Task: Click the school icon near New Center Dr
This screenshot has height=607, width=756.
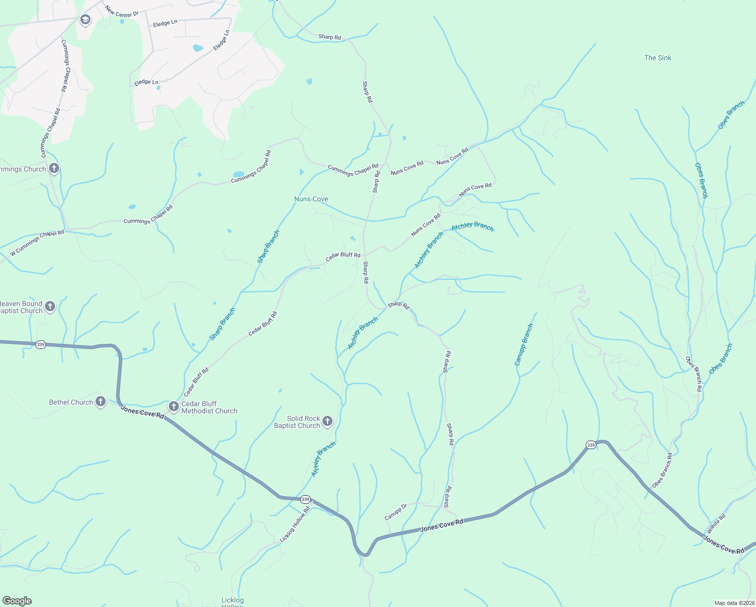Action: click(85, 20)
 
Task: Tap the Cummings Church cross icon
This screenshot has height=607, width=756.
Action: click(54, 168)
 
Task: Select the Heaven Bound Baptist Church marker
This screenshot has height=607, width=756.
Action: click(50, 306)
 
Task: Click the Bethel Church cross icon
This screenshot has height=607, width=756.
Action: click(101, 402)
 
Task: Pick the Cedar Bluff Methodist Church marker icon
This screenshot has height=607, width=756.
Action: click(173, 406)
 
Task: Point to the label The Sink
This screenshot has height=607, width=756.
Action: click(657, 58)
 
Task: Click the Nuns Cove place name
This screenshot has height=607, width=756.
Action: click(311, 199)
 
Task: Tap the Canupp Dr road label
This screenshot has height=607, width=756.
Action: click(396, 512)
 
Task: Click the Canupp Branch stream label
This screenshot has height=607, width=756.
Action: click(524, 344)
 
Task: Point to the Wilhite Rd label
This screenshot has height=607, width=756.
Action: click(716, 524)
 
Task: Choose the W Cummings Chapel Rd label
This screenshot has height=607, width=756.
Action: click(37, 243)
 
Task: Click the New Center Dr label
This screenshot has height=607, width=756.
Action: click(122, 11)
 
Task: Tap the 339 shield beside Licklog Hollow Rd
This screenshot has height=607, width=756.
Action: click(305, 499)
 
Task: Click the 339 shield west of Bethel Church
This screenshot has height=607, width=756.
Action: click(41, 344)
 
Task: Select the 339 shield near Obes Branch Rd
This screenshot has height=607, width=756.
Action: click(591, 445)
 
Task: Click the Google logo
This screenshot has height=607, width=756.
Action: click(17, 601)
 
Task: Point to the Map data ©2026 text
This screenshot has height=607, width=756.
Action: click(734, 603)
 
